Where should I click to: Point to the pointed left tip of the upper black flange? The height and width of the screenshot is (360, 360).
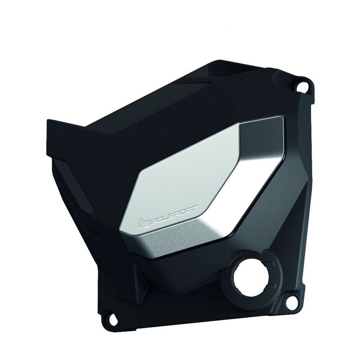[x=48, y=120]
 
